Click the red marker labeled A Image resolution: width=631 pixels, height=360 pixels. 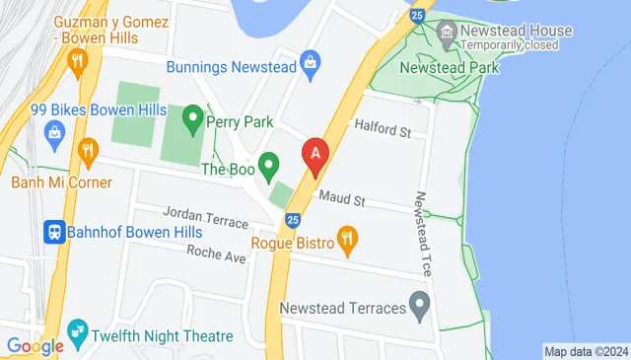pyautogui.click(x=315, y=155)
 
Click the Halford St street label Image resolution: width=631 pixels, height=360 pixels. pyautogui.click(x=381, y=130)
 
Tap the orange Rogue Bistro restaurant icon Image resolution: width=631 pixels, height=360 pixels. pyautogui.click(x=347, y=238)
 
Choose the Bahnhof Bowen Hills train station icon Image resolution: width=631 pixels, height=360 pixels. pyautogui.click(x=53, y=232)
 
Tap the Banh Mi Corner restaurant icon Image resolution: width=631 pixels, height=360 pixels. pyautogui.click(x=89, y=151)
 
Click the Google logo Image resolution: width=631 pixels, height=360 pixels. pyautogui.click(x=35, y=345)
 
